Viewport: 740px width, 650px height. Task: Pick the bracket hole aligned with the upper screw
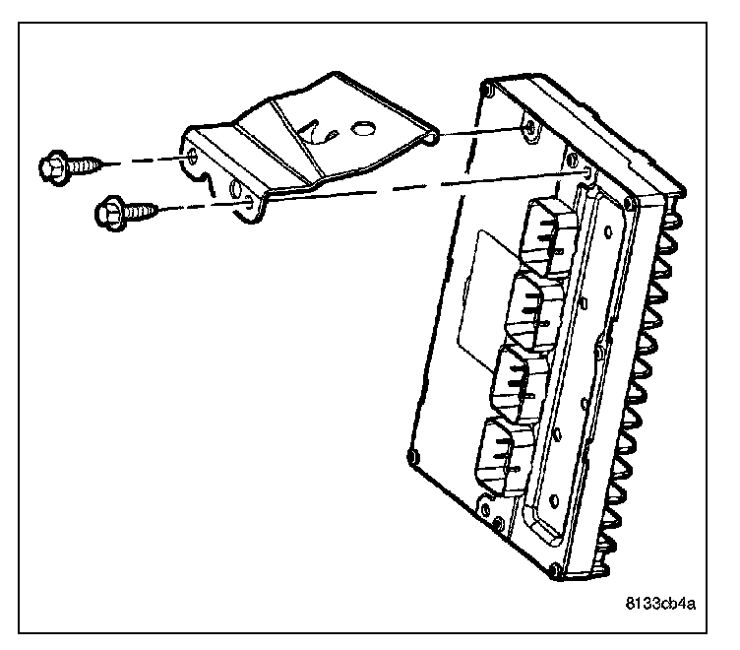point(193,157)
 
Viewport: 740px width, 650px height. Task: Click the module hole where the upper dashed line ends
point(528,128)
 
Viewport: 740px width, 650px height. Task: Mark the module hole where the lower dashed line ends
point(588,174)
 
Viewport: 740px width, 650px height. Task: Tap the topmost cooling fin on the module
point(676,212)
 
